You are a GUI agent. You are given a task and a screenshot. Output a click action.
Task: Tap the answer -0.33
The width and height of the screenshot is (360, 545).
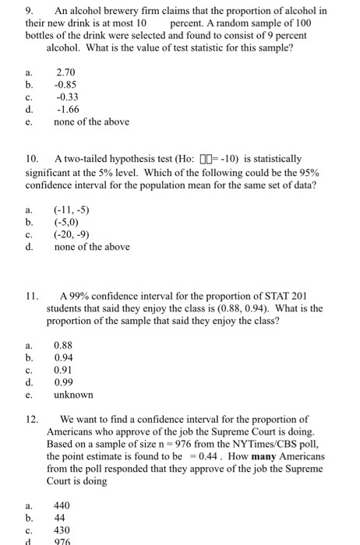tap(67, 97)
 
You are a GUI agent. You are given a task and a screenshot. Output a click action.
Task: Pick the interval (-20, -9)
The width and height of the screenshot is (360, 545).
tap(72, 235)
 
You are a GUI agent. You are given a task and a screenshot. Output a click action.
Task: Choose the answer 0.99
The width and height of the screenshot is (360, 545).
tap(64, 381)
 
